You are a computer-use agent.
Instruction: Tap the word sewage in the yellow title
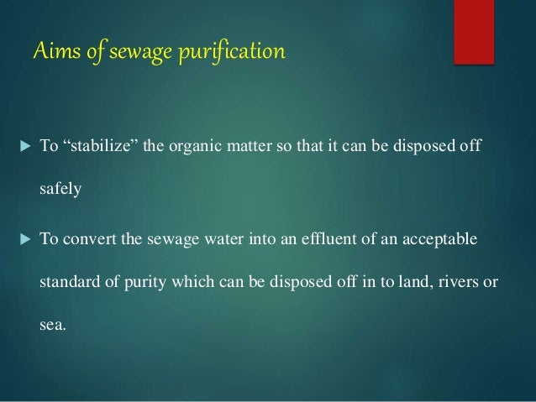point(134,54)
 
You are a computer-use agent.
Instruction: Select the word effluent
point(297,241)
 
